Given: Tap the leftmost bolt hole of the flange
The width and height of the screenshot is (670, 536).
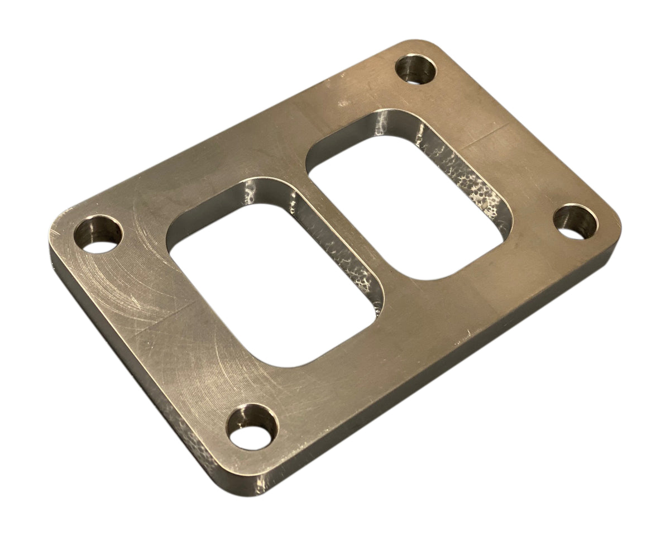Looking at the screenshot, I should pos(98,234).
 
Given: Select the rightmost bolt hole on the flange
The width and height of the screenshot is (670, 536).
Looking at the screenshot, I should pos(576,222).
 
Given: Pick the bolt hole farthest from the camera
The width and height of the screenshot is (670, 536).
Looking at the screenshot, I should pos(417,69).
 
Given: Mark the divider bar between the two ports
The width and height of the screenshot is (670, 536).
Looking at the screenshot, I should pos(341,234).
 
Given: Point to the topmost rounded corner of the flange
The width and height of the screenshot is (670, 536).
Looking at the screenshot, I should pos(424,45).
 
